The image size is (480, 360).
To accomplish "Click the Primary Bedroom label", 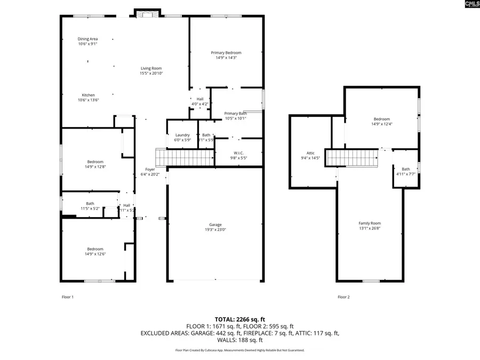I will [226, 53].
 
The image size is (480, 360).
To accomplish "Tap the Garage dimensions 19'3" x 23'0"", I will [215, 230].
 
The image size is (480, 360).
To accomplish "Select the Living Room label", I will [151, 68].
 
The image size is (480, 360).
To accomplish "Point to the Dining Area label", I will [87, 39].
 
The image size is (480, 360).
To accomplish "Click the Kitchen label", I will [88, 95].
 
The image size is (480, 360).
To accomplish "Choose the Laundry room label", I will [182, 135].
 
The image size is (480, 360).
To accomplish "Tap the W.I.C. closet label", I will [238, 153].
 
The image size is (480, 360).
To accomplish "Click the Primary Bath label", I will [235, 113].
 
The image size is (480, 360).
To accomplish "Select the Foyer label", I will [150, 169].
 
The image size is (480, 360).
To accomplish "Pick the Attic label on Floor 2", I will [310, 153].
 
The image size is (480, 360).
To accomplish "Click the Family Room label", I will [369, 223].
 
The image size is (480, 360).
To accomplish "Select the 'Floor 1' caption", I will [68, 297].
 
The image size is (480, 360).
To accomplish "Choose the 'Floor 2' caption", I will [343, 297].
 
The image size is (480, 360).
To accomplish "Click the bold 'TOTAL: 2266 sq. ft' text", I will [239, 318].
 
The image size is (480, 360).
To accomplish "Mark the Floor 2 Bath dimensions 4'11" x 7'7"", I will [406, 174].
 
